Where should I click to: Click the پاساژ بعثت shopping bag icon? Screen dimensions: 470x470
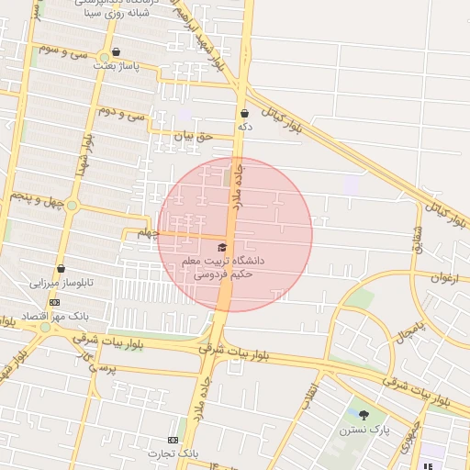[x=116, y=52]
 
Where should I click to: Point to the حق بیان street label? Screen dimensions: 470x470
[x=194, y=135]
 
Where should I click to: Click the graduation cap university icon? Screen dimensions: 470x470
[x=222, y=247]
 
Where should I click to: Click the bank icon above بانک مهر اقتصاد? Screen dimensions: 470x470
[x=54, y=302]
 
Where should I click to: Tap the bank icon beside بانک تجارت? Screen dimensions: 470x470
[x=173, y=441]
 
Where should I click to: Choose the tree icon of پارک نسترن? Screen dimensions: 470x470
[x=364, y=415]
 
